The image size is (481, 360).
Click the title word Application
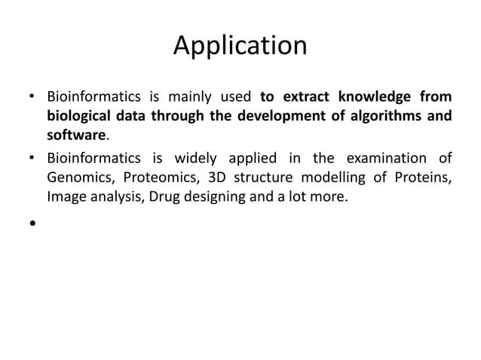(x=240, y=46)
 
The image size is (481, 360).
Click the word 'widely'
(x=198, y=157)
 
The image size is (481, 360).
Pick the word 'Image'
(x=66, y=197)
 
